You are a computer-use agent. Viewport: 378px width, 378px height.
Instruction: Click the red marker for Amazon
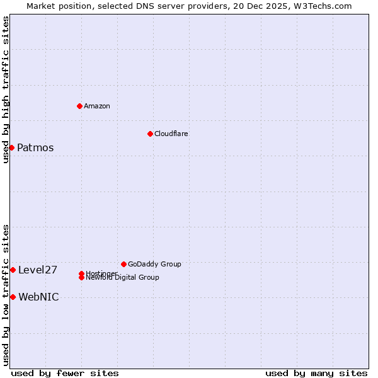pyautogui.click(x=79, y=106)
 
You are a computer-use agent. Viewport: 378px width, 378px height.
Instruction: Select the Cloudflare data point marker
pyautogui.click(x=150, y=134)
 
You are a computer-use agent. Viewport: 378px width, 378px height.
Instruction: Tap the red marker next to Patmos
pyautogui.click(x=11, y=147)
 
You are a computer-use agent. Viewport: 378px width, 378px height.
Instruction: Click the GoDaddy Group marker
pyautogui.click(x=123, y=264)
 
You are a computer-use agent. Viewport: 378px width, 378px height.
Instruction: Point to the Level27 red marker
pyautogui.click(x=13, y=270)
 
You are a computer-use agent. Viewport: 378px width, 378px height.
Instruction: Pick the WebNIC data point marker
pyautogui.click(x=13, y=297)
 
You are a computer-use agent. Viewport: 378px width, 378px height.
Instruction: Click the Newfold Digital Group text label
pyautogui.click(x=122, y=278)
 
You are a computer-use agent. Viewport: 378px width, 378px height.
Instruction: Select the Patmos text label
pyautogui.click(x=35, y=148)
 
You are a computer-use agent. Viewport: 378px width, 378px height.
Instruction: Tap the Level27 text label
pyautogui.click(x=38, y=270)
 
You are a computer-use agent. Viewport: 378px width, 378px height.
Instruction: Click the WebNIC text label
pyautogui.click(x=38, y=297)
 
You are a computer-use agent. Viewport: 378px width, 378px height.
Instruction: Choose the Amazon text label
pyautogui.click(x=96, y=106)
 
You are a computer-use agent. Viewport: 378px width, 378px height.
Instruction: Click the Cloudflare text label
pyautogui.click(x=171, y=134)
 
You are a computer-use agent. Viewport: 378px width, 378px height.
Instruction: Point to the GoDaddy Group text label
pyautogui.click(x=154, y=264)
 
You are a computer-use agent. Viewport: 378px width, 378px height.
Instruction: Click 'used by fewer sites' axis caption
pyautogui.click(x=65, y=373)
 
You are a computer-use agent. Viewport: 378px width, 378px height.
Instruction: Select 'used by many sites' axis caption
pyautogui.click(x=316, y=373)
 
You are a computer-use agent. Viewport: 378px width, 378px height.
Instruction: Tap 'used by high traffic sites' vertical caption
pyautogui.click(x=6, y=90)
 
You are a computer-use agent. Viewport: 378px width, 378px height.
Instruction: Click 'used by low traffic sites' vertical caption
pyautogui.click(x=6, y=294)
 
